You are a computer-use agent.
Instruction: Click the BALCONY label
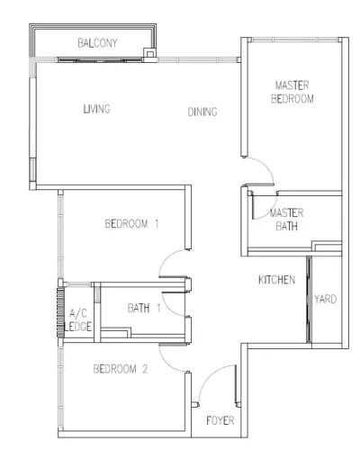(97, 43)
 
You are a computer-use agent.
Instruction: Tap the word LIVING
(96, 109)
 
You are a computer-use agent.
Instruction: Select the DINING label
(202, 112)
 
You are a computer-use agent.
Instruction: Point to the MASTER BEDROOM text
(292, 92)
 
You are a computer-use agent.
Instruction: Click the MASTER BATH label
(286, 220)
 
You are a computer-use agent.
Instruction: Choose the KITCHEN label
(276, 280)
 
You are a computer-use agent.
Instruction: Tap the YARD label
(325, 299)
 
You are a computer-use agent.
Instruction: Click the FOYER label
(220, 420)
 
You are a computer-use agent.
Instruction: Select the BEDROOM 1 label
(131, 223)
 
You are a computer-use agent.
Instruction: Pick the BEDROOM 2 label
(121, 369)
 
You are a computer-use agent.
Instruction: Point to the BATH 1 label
(144, 308)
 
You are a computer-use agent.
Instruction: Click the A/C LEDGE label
(77, 319)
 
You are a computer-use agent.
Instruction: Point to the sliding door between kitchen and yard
(309, 300)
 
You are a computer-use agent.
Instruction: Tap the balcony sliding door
(100, 60)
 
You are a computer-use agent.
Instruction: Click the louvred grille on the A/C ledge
(60, 312)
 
